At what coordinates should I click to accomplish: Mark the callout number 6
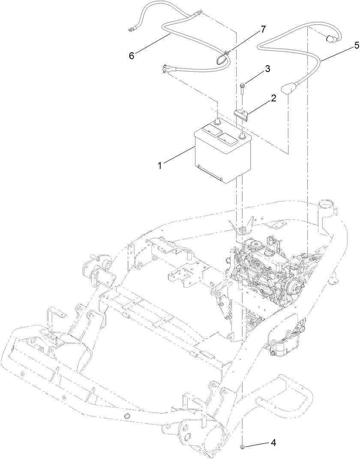tap(132, 55)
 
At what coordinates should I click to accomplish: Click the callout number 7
tap(263, 29)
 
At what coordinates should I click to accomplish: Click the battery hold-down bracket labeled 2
tap(241, 114)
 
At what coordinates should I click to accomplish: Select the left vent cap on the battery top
tap(209, 129)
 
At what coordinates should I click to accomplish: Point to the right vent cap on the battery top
tap(228, 138)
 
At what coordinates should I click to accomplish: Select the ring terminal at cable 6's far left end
tap(130, 30)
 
